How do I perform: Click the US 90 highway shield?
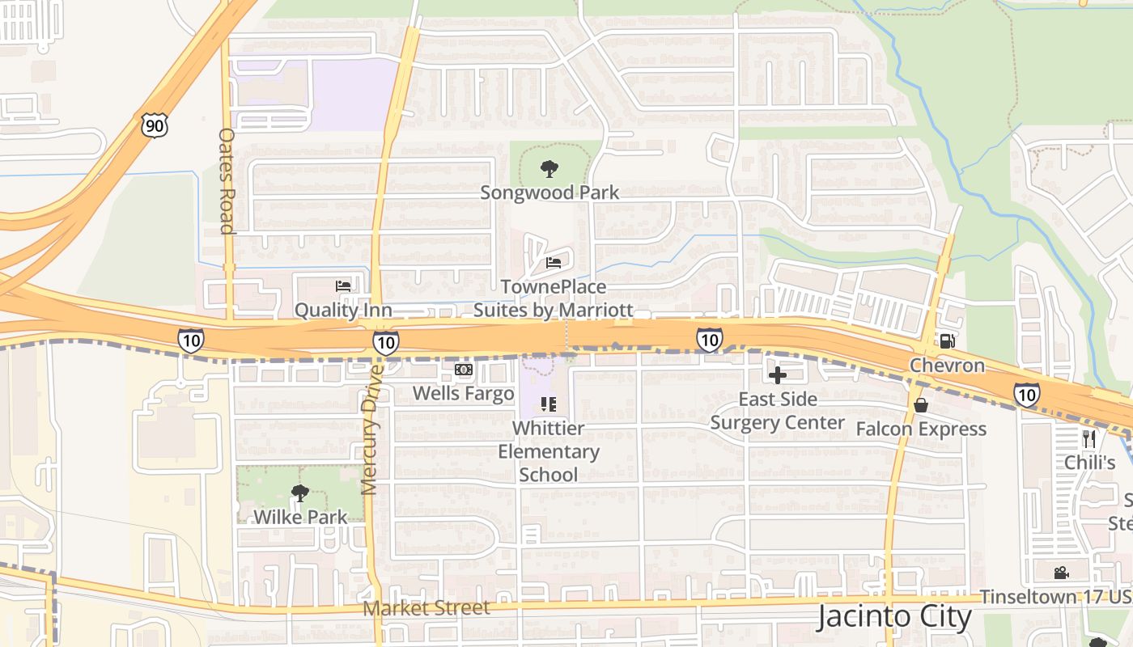pyautogui.click(x=155, y=125)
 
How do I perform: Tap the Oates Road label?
pyautogui.click(x=227, y=180)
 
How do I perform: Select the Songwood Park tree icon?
pyautogui.click(x=550, y=169)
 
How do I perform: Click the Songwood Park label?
pyautogui.click(x=550, y=192)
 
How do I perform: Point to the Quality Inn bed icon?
pyautogui.click(x=343, y=286)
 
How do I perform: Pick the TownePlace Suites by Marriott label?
pyautogui.click(x=553, y=298)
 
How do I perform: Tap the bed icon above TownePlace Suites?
pyautogui.click(x=554, y=263)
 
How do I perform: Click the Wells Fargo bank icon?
pyautogui.click(x=463, y=370)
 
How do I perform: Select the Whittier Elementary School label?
pyautogui.click(x=549, y=451)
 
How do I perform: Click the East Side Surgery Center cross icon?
pyautogui.click(x=778, y=375)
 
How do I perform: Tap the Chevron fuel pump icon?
pyautogui.click(x=947, y=340)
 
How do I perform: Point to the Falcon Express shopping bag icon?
pyautogui.click(x=920, y=405)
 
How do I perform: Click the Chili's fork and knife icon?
pyautogui.click(x=1089, y=439)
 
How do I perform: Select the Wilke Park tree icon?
pyautogui.click(x=300, y=493)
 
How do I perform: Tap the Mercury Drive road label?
pyautogui.click(x=370, y=429)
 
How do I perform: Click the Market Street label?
pyautogui.click(x=426, y=608)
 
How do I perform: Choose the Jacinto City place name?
pyautogui.click(x=893, y=617)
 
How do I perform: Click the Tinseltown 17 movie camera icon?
pyautogui.click(x=1061, y=573)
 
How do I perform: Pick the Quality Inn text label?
pyautogui.click(x=343, y=310)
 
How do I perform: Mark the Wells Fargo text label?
pyautogui.click(x=463, y=394)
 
